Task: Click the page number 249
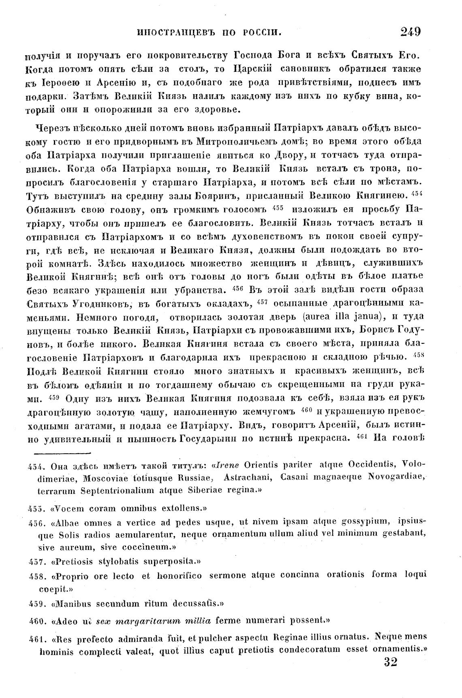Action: click(x=410, y=31)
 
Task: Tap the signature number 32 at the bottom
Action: click(x=390, y=662)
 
